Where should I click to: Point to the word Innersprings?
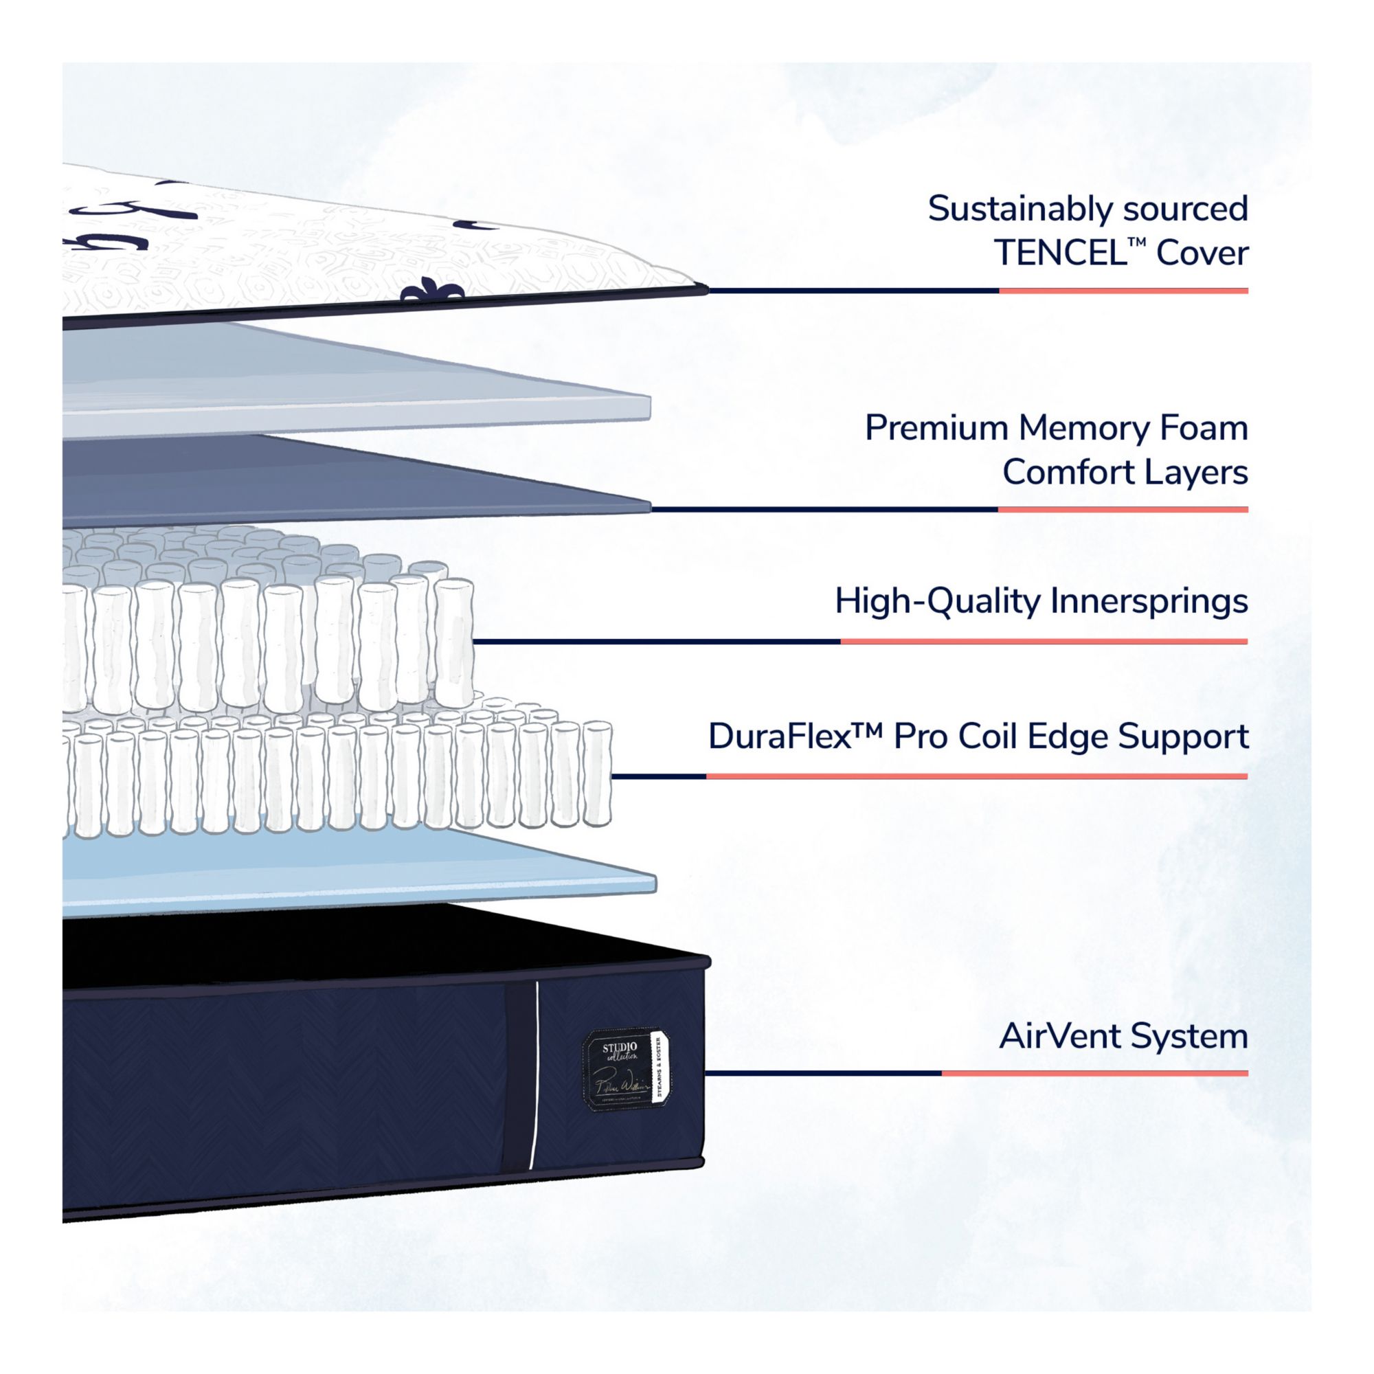pyautogui.click(x=1149, y=601)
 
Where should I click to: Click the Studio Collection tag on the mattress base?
pyautogui.click(x=626, y=1070)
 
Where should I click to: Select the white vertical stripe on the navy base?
pyautogui.click(x=534, y=1074)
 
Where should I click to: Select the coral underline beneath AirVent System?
pyautogui.click(x=1094, y=1074)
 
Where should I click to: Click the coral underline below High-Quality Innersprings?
pyautogui.click(x=1044, y=642)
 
